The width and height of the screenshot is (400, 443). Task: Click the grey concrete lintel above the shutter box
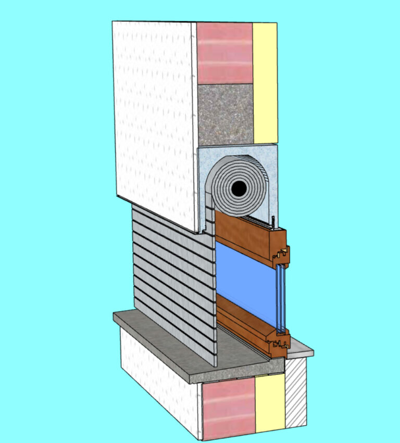coord(225,115)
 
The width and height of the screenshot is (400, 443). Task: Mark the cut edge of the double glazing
coord(281,297)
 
